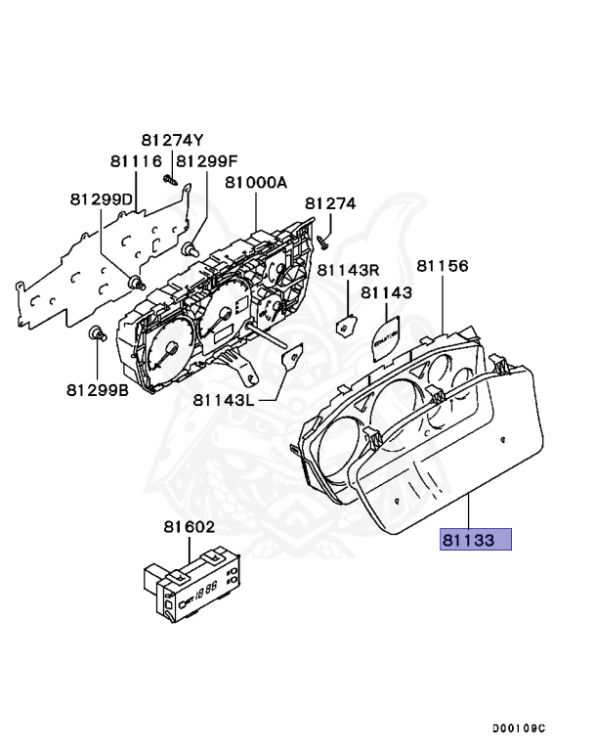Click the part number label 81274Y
pos(172,140)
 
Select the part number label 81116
pos(135,160)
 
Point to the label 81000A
pos(256,182)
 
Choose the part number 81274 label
pos(330,203)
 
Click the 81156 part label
pos(443,265)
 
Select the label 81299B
pos(99,389)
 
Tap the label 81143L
pos(223,399)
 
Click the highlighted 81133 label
pos(476,538)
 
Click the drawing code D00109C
pos(519,729)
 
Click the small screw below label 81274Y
pos(169,179)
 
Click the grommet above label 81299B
pos(97,335)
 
